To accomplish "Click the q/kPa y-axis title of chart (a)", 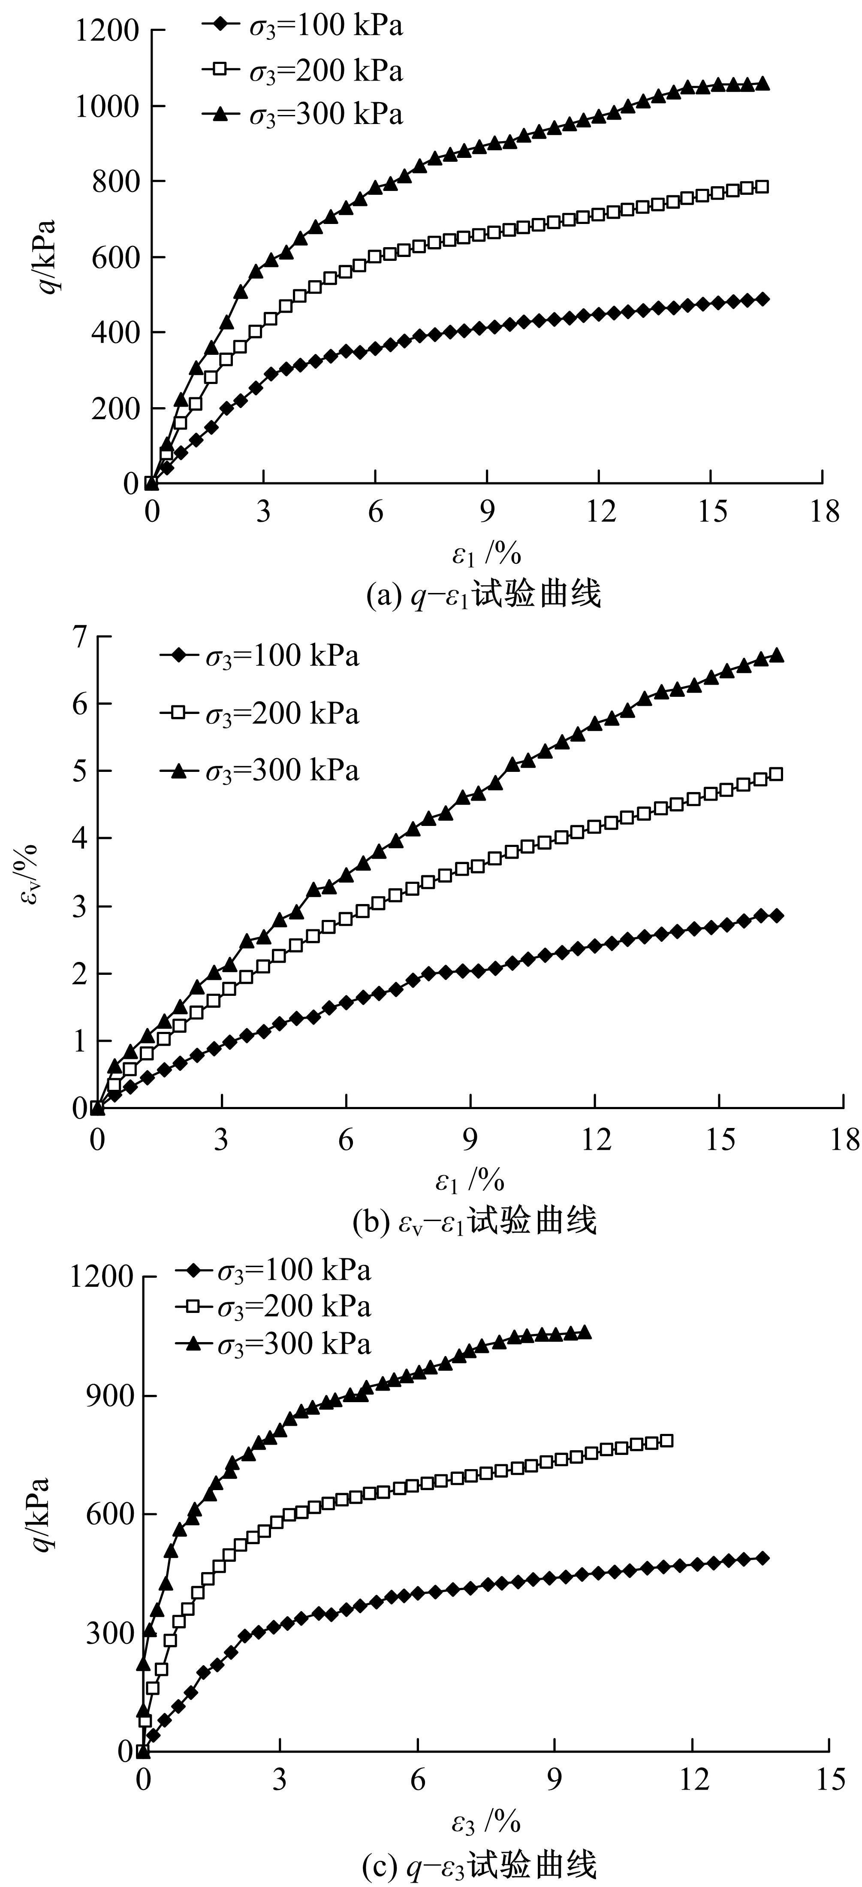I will (48, 257).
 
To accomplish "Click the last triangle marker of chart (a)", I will (763, 84).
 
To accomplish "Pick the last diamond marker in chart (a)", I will (763, 299).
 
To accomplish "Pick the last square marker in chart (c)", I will (666, 1441).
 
